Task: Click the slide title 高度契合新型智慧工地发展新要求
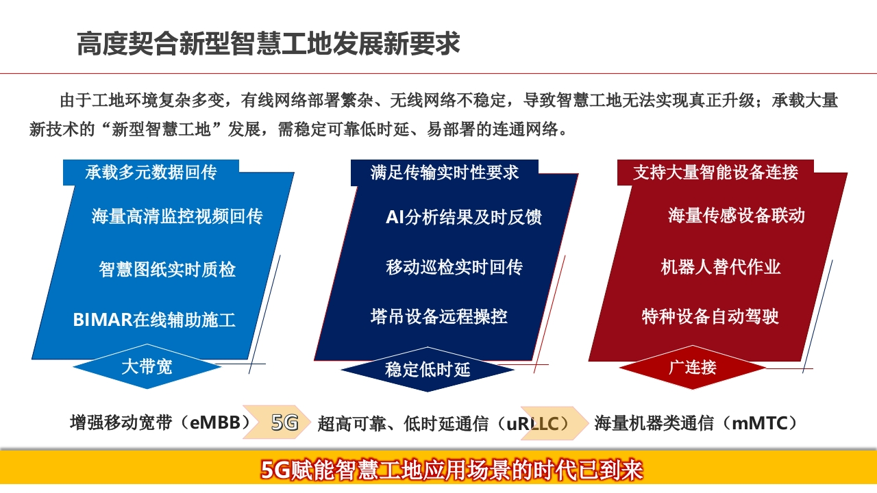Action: (x=268, y=43)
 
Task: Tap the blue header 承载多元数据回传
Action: (x=151, y=172)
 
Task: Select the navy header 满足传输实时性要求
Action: (x=445, y=172)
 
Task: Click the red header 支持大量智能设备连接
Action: (x=715, y=172)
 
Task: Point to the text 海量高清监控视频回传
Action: (x=177, y=216)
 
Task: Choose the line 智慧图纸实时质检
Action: (x=167, y=269)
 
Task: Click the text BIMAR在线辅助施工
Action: (x=154, y=320)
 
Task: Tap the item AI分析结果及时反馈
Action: (x=464, y=217)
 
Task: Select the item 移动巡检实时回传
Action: (x=454, y=267)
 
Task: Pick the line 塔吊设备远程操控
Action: (x=439, y=316)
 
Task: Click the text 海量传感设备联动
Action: (x=737, y=215)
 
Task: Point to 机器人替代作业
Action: (x=721, y=267)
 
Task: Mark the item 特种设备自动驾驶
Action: (x=711, y=316)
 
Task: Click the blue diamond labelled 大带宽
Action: (x=147, y=366)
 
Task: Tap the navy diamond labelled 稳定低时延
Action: (x=428, y=369)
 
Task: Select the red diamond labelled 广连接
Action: (x=693, y=368)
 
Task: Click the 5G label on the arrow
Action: (x=284, y=422)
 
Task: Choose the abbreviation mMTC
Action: (x=760, y=423)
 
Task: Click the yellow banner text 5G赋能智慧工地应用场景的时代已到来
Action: (x=452, y=470)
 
